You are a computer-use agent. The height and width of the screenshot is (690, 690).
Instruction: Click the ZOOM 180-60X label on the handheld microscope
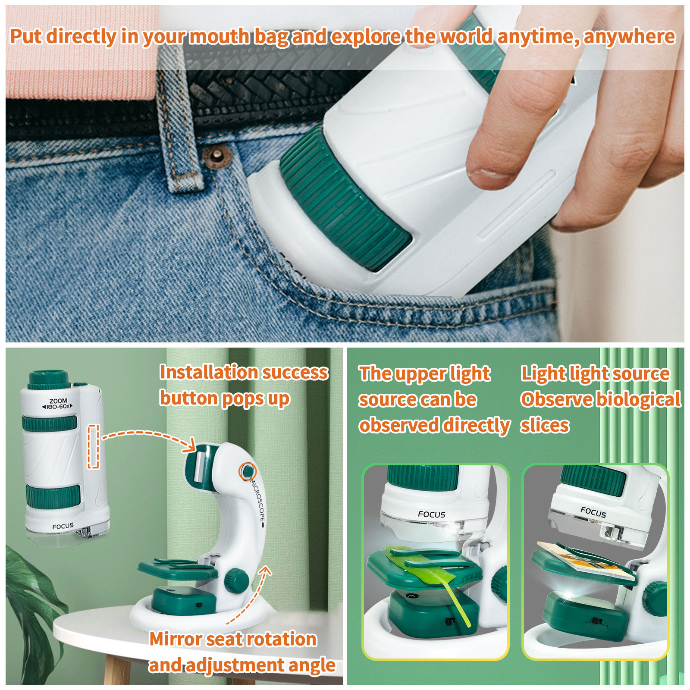(58, 404)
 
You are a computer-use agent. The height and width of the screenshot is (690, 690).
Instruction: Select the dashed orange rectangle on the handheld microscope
(94, 446)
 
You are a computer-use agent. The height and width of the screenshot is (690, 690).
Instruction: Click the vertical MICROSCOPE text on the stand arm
(258, 500)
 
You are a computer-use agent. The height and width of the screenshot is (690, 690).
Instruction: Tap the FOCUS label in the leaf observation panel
(431, 514)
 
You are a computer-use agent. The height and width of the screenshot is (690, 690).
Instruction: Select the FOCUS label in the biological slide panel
(593, 512)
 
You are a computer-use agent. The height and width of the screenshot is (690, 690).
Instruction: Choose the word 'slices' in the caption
(545, 426)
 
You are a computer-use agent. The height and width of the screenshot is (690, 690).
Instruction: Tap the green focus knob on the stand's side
(236, 580)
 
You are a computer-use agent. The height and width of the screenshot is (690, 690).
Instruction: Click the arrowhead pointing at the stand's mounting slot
(190, 446)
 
